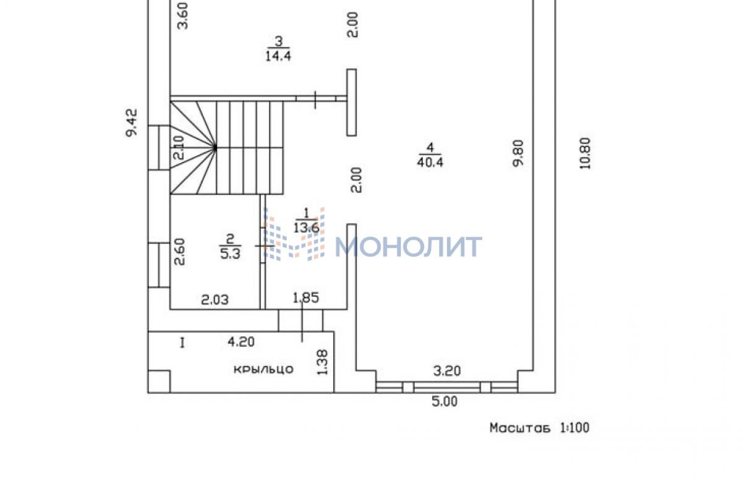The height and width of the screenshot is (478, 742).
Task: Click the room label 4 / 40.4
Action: (x=430, y=155)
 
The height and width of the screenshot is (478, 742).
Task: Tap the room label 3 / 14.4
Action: (x=278, y=49)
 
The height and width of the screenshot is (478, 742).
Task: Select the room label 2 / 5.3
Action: (x=230, y=247)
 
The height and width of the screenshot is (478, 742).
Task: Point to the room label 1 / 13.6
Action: (x=307, y=220)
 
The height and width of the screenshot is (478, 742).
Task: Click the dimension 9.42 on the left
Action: (x=131, y=122)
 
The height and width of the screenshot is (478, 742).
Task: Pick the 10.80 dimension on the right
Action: (x=585, y=153)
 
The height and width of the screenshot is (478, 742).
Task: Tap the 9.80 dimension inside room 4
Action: (x=518, y=153)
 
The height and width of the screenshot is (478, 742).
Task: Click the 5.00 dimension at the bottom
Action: (x=445, y=401)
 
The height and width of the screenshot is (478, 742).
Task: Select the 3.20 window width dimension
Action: (x=447, y=371)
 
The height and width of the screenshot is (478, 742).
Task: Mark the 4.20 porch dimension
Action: (x=241, y=341)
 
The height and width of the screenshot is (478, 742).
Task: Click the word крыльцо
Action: (x=263, y=369)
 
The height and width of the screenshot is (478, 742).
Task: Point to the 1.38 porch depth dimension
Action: (x=322, y=362)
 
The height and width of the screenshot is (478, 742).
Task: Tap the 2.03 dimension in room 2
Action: (x=215, y=300)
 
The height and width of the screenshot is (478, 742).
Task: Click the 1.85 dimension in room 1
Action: (x=305, y=297)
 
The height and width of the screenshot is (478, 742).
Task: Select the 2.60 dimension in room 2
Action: (x=180, y=252)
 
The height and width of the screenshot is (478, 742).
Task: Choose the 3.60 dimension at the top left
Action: (x=182, y=16)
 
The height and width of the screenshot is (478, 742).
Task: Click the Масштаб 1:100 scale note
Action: (x=540, y=428)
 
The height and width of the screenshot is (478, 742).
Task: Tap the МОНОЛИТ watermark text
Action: (x=408, y=247)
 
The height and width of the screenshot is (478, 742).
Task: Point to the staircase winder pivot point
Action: (x=215, y=148)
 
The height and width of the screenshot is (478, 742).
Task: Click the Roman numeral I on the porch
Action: (x=182, y=343)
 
